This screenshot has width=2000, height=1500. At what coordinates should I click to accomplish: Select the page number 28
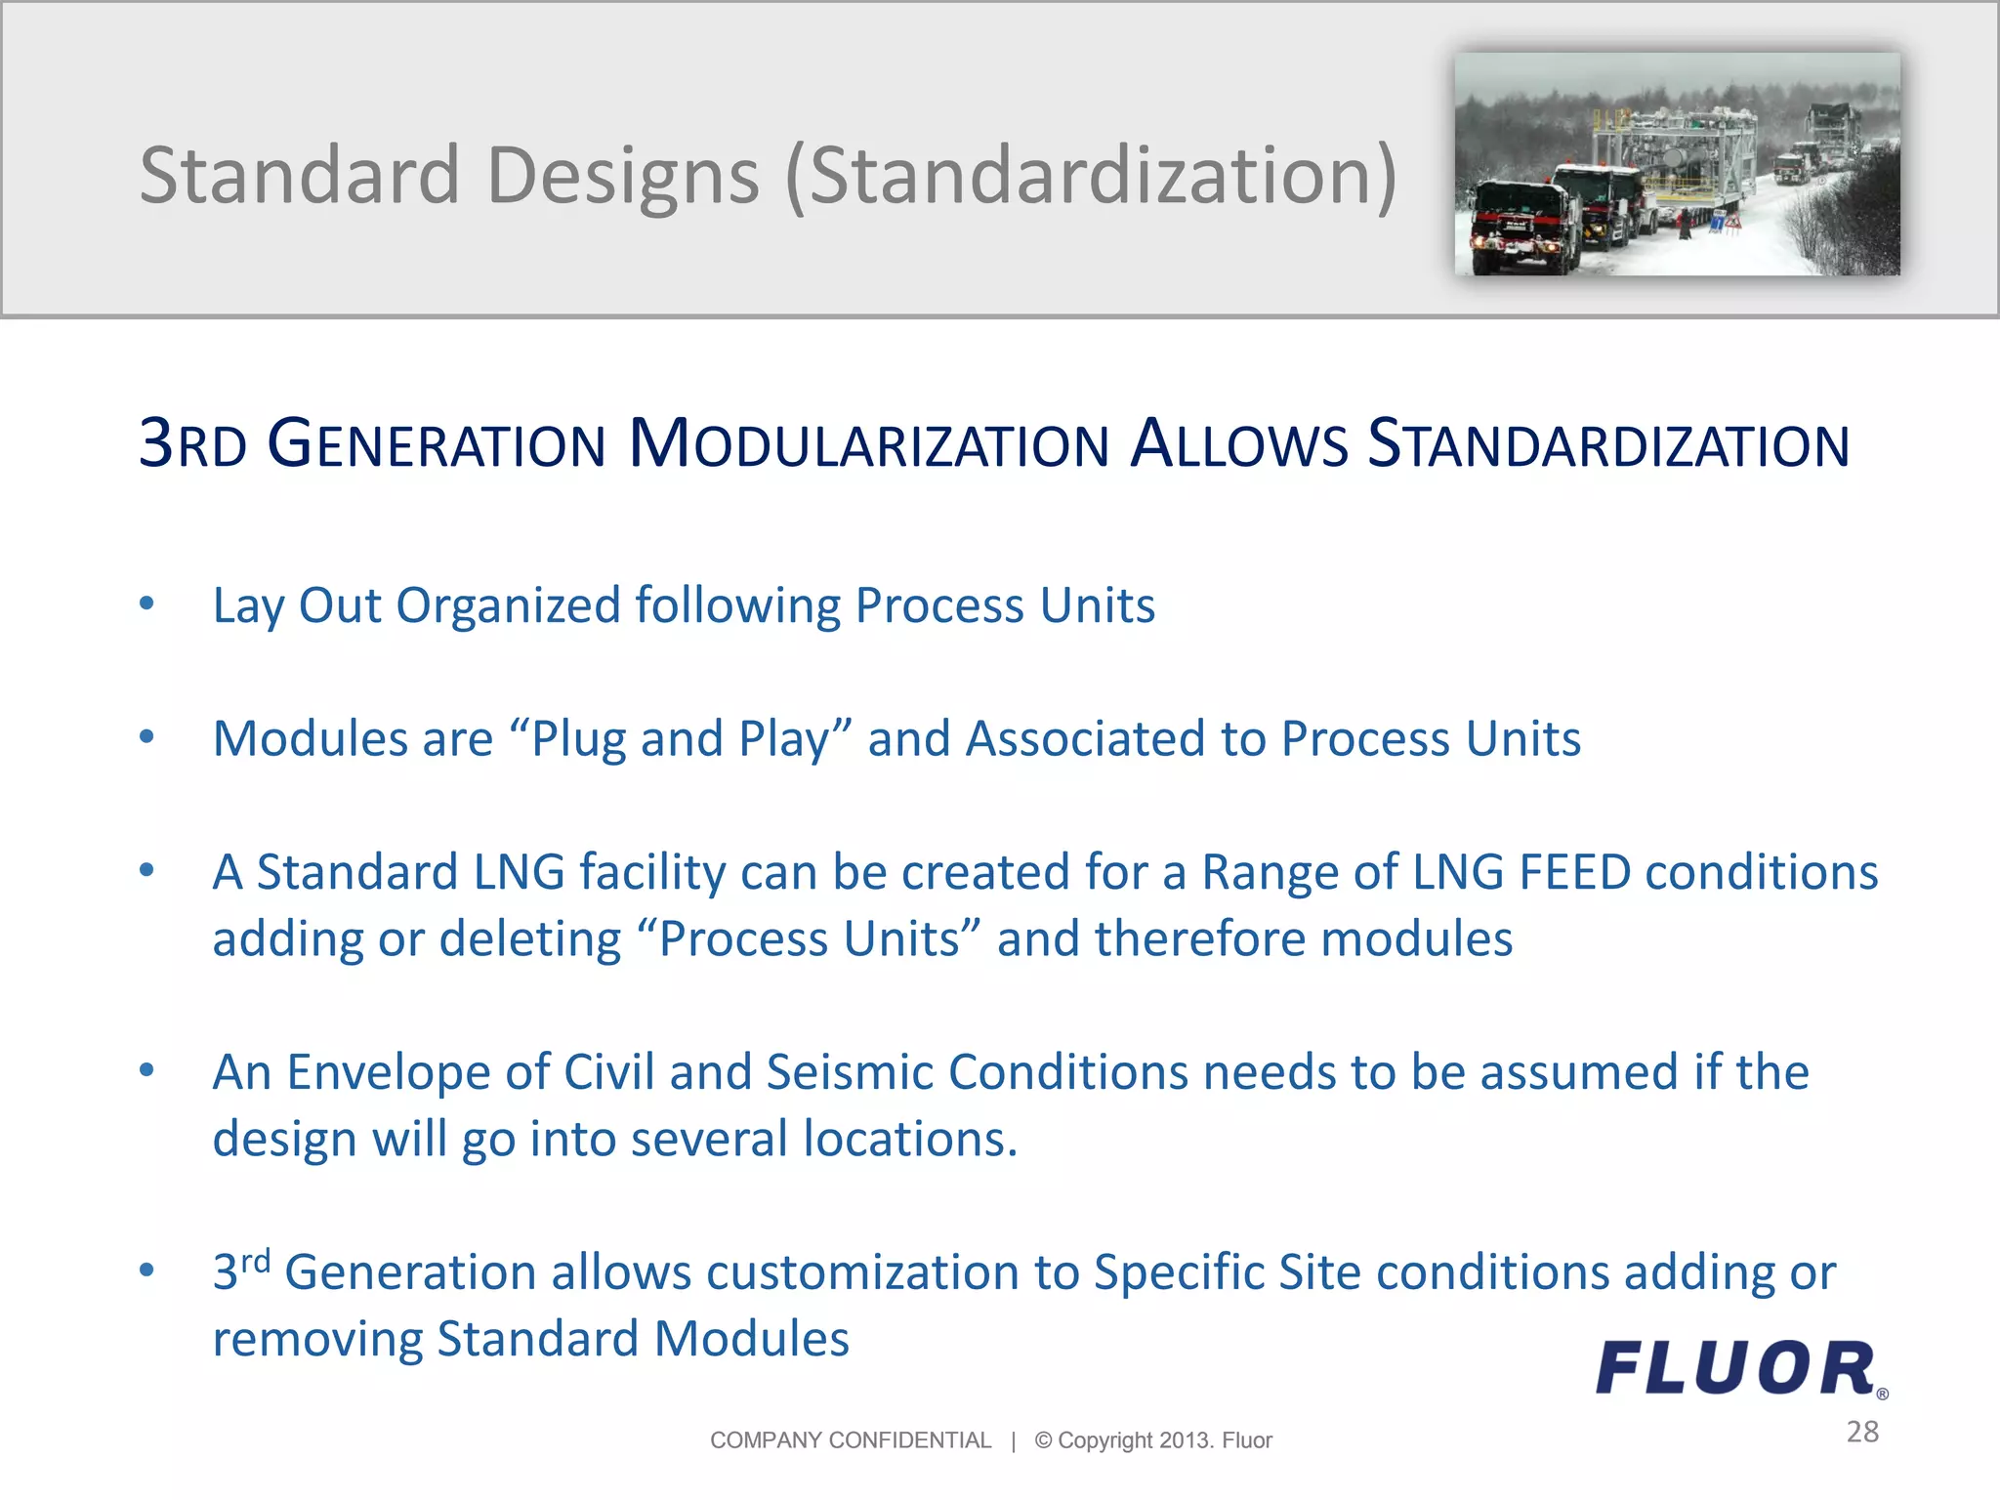[x=1862, y=1432]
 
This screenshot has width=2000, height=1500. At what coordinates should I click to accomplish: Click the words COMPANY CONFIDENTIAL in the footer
[x=850, y=1440]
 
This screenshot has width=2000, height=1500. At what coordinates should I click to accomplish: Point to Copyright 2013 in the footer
[x=1123, y=1440]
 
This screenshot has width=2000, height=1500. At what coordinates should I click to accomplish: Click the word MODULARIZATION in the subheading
[x=869, y=444]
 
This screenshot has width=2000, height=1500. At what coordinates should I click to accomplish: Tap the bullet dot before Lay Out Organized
[x=146, y=604]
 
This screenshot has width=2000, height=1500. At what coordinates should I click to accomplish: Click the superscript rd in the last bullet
[x=256, y=1261]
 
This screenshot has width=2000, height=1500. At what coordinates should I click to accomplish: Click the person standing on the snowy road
[x=1683, y=226]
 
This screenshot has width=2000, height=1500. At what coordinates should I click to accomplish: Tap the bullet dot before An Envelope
[x=146, y=1071]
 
